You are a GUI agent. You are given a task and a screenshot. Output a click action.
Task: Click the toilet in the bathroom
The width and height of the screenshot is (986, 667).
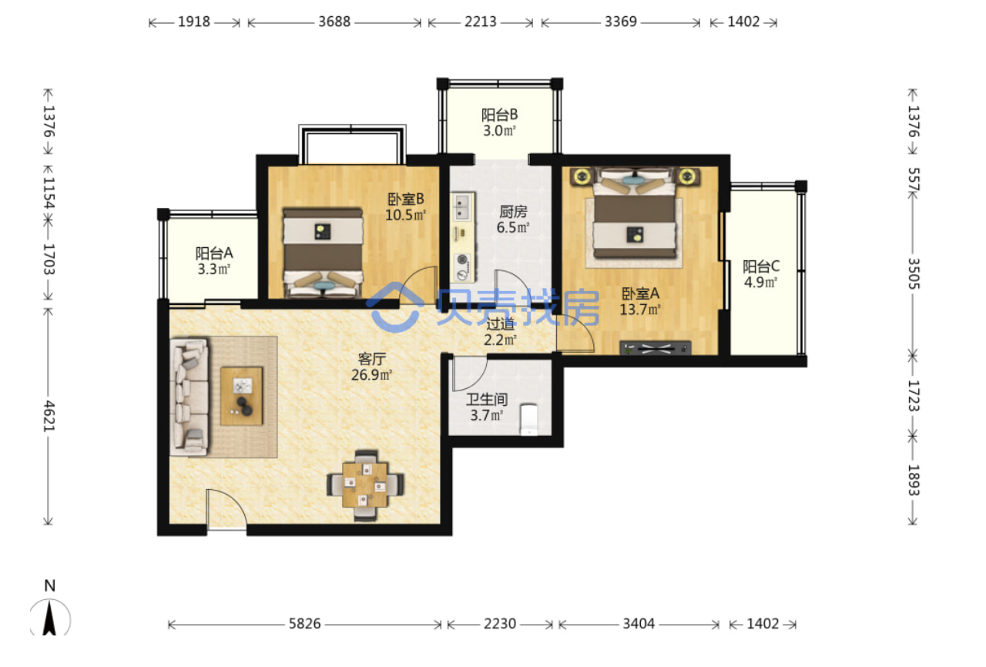pyautogui.click(x=529, y=420)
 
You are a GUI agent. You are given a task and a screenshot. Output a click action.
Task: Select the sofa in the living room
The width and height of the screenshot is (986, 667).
pyautogui.click(x=189, y=397)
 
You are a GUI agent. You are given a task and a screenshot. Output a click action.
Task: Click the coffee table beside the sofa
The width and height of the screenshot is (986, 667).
pyautogui.click(x=242, y=396)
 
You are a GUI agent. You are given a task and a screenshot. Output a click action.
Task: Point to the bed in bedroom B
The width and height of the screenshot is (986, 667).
pyautogui.click(x=323, y=253)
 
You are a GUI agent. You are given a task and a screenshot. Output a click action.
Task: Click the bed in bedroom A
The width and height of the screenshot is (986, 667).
pyautogui.click(x=636, y=213)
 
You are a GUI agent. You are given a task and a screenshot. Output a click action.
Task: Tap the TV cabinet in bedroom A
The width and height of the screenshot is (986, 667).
pyautogui.click(x=656, y=348)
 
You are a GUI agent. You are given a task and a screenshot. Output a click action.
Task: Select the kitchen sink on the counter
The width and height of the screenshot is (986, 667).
pyautogui.click(x=461, y=206)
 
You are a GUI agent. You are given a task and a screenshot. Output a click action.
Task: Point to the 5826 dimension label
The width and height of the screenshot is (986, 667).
pyautogui.click(x=304, y=623)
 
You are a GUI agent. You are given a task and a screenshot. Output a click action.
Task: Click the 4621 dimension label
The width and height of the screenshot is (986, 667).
pyautogui.click(x=49, y=416)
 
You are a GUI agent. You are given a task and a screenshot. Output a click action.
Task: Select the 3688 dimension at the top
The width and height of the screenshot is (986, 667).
pyautogui.click(x=334, y=22)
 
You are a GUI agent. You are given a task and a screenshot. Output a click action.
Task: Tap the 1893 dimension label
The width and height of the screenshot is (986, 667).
pyautogui.click(x=914, y=480)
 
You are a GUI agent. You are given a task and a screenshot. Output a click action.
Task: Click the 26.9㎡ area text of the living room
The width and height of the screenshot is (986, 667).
pyautogui.click(x=371, y=375)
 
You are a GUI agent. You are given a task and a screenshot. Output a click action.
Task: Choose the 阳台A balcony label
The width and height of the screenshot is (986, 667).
pyautogui.click(x=214, y=253)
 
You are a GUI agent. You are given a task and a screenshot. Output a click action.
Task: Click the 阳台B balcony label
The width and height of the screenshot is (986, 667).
pyautogui.click(x=499, y=115)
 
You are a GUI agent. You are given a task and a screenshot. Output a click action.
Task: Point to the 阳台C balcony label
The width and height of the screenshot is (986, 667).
pyautogui.click(x=761, y=266)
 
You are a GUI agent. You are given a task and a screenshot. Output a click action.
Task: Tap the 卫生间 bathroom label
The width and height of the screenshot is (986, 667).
pyautogui.click(x=487, y=400)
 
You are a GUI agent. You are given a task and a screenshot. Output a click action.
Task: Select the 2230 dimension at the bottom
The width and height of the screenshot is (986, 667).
pyautogui.click(x=500, y=623)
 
